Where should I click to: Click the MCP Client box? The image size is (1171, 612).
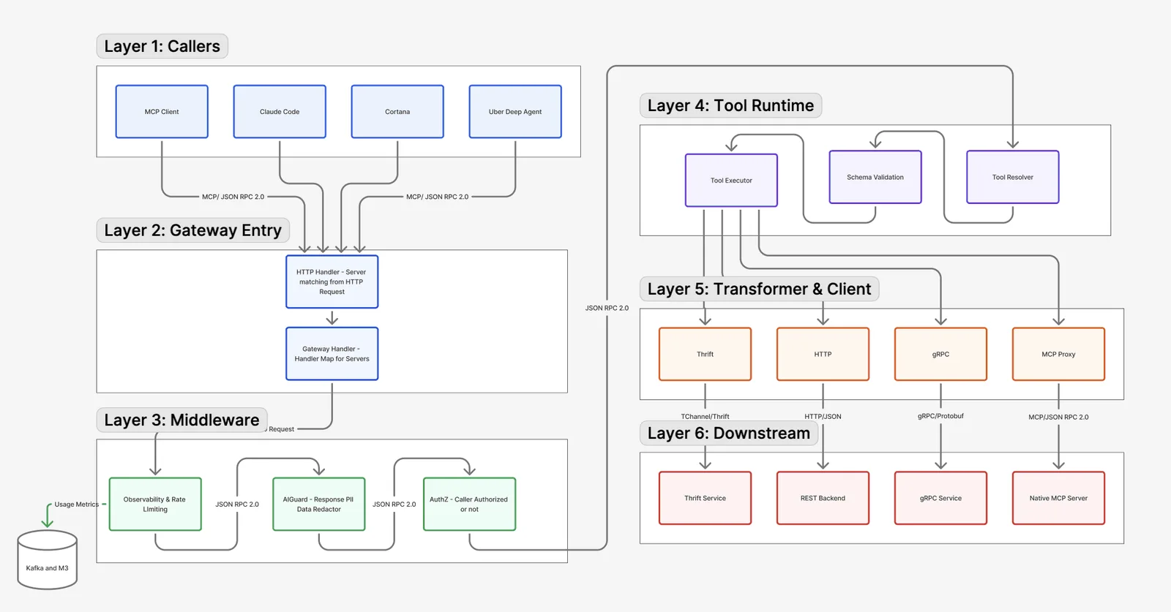tap(162, 112)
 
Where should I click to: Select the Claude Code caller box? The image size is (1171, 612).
tap(280, 112)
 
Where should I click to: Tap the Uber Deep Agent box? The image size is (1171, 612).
tap(515, 112)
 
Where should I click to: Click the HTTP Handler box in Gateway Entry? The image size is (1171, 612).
tap(332, 282)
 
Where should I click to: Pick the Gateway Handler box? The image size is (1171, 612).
tap(332, 353)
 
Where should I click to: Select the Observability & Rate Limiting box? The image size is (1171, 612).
tap(155, 504)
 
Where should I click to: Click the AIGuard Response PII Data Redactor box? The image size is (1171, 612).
tap(319, 504)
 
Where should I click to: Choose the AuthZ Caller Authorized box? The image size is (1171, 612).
tap(469, 504)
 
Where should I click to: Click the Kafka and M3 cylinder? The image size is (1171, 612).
tap(47, 560)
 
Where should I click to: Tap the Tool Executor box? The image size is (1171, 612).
tap(731, 180)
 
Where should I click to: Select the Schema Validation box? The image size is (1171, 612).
tap(875, 177)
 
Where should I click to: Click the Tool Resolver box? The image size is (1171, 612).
tap(1013, 177)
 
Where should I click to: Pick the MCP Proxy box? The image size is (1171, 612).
tap(1058, 354)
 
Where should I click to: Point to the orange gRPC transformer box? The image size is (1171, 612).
tap(940, 354)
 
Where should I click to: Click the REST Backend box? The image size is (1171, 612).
tap(823, 498)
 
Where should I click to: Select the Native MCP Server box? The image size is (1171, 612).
tap(1058, 498)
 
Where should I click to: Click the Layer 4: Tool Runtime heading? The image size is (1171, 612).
tap(730, 105)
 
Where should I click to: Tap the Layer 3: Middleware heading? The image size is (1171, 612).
tap(182, 420)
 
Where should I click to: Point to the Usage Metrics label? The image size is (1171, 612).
tap(77, 505)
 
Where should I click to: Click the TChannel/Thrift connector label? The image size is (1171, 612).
tap(705, 417)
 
